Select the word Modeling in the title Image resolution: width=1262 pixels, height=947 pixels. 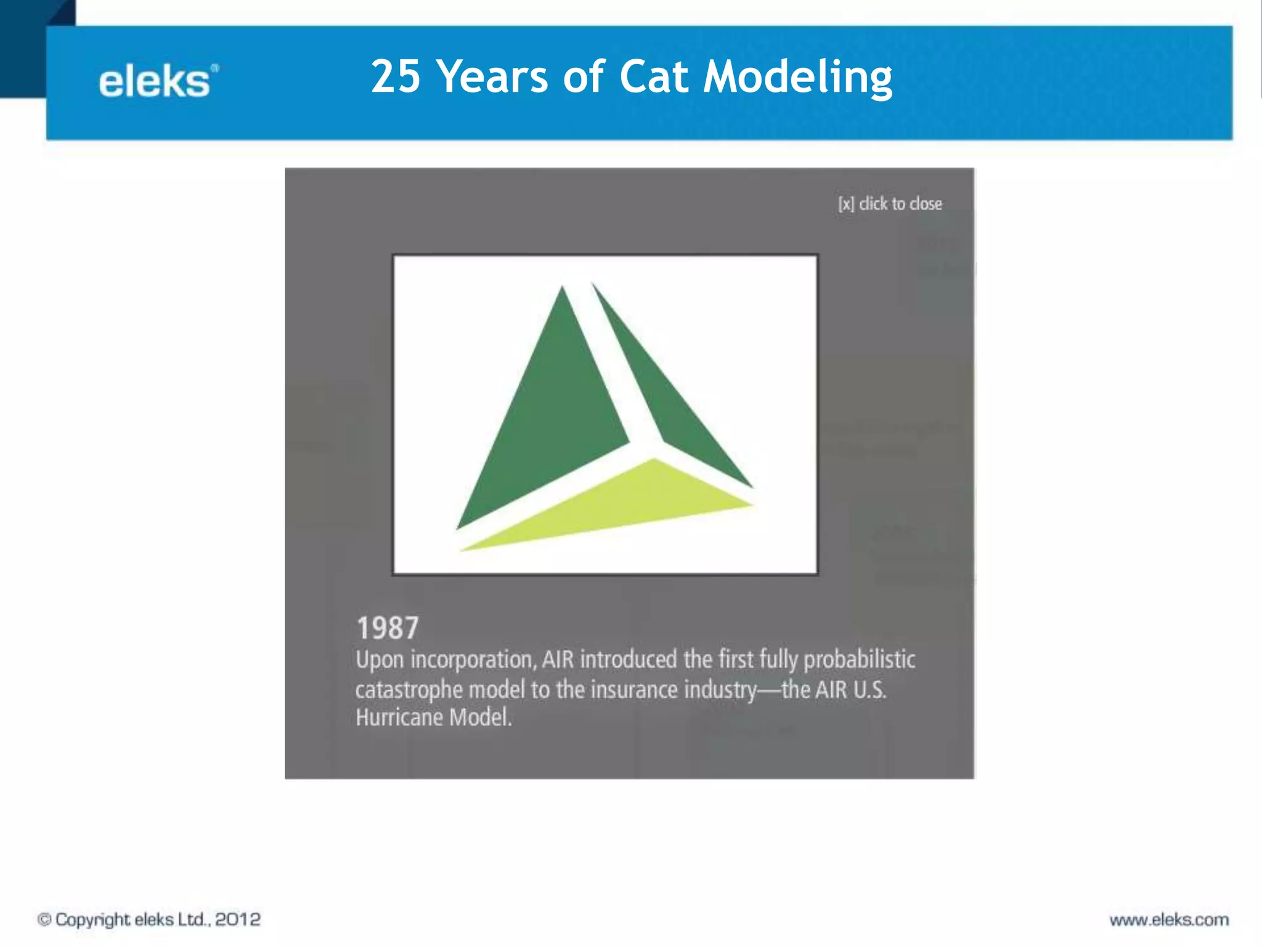tap(798, 78)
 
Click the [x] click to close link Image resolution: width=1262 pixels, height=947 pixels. tap(890, 203)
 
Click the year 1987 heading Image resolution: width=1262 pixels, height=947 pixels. tap(388, 628)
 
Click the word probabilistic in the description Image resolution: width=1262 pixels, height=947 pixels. tap(859, 660)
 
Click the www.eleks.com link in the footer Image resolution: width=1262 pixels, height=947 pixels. tap(1169, 920)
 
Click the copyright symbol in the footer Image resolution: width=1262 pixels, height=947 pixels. tap(44, 920)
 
